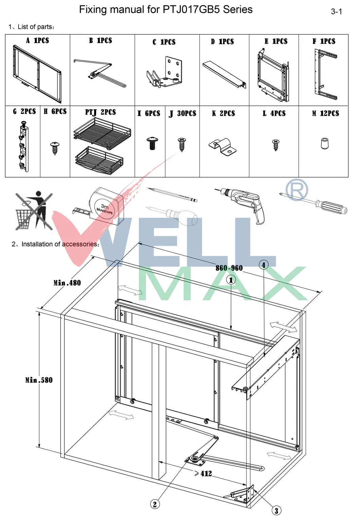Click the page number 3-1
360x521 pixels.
(x=336, y=12)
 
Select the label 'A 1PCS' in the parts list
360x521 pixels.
(x=38, y=40)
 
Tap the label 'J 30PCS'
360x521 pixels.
(x=182, y=113)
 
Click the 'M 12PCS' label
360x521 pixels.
(x=325, y=113)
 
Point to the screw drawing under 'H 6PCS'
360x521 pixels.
(x=55, y=148)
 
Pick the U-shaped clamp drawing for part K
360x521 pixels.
(x=223, y=147)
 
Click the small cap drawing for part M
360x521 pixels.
(x=325, y=144)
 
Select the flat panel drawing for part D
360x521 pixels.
(x=224, y=74)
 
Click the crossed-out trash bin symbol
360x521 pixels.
(x=34, y=210)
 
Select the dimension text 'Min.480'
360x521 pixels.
(x=67, y=283)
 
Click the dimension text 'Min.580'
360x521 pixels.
(x=39, y=380)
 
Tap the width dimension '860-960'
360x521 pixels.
(x=229, y=268)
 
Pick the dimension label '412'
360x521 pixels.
(x=204, y=473)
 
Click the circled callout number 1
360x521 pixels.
(x=231, y=280)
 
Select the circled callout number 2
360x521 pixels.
(x=155, y=504)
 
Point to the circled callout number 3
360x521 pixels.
(x=276, y=510)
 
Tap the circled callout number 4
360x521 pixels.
(x=264, y=265)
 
